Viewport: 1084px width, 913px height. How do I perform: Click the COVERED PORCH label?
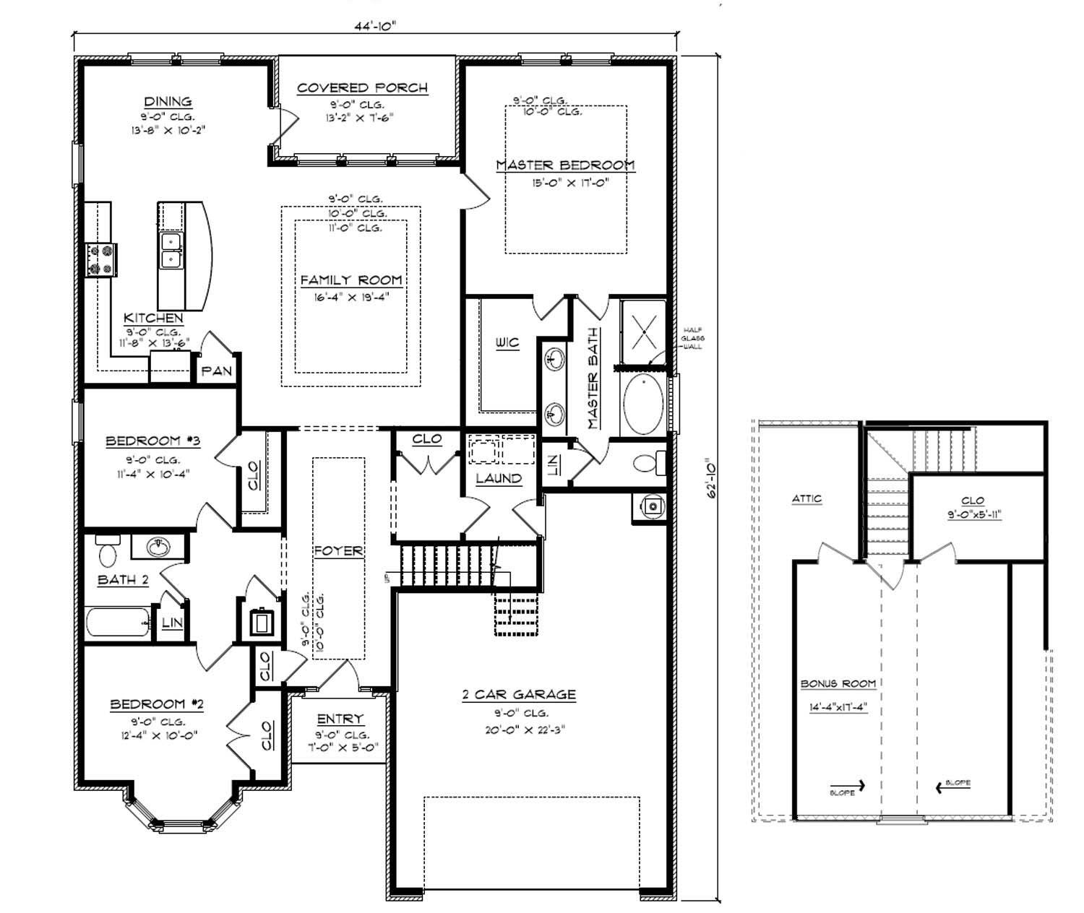click(362, 88)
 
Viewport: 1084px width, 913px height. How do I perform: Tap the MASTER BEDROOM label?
click(565, 165)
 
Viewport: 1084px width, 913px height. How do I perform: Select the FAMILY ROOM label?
click(351, 280)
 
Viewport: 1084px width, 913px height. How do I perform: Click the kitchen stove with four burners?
click(101, 260)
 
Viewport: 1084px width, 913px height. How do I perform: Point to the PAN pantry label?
click(216, 371)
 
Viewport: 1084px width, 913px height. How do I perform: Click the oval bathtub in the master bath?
click(642, 404)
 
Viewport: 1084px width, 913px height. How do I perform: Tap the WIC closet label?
click(507, 342)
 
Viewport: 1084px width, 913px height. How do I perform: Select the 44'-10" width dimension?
click(375, 25)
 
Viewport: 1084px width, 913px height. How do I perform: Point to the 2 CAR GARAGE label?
click(519, 695)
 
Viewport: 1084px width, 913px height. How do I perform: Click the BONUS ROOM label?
click(838, 683)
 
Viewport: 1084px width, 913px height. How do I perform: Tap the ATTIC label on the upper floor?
click(806, 498)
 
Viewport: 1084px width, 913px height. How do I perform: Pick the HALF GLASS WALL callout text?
click(693, 338)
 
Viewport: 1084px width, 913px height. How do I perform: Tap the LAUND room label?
click(499, 478)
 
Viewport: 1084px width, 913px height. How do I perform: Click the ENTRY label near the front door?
click(340, 719)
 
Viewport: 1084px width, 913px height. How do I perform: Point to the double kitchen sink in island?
click(171, 250)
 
